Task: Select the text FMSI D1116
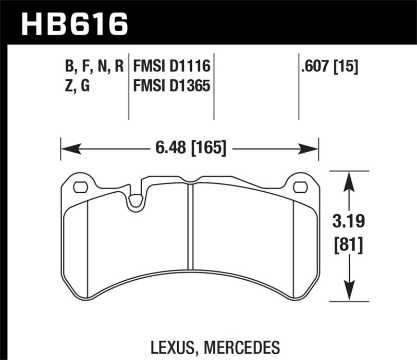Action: [x=171, y=66]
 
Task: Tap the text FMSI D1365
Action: [x=171, y=85]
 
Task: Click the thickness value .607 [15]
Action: [x=329, y=66]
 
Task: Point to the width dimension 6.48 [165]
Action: [x=190, y=148]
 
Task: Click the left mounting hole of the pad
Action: [x=80, y=187]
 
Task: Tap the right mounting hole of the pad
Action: [x=300, y=187]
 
